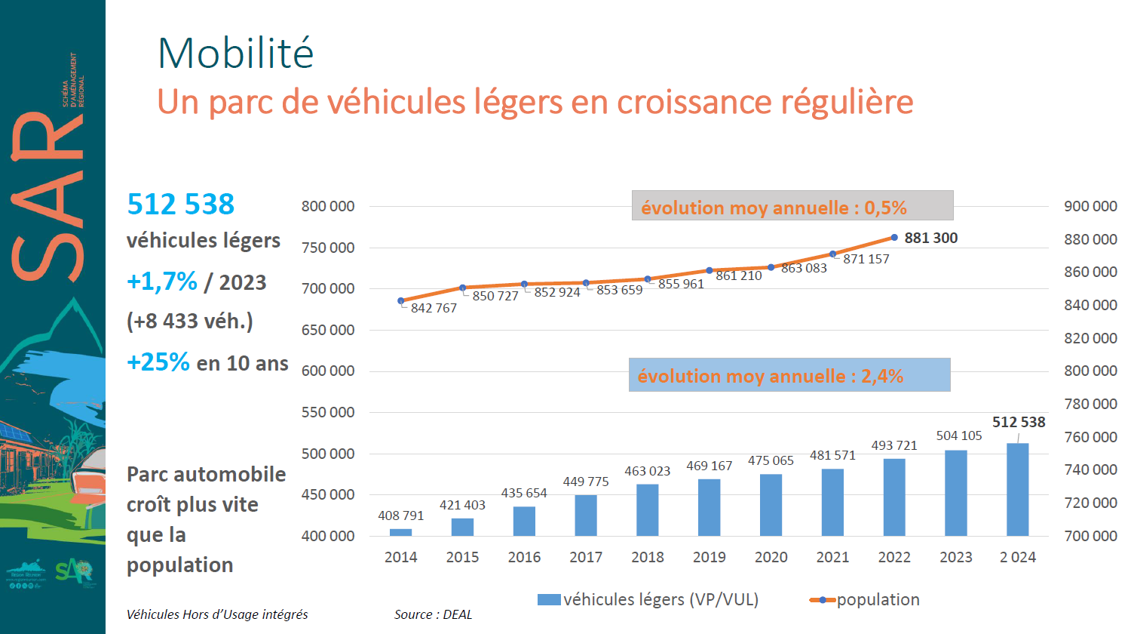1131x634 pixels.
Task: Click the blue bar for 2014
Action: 401,532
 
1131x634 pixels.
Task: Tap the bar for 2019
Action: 710,507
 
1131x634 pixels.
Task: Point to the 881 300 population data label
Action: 930,238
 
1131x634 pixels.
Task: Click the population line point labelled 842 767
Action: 401,300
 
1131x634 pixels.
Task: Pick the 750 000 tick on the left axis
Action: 328,248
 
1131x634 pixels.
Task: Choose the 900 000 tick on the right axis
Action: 1090,206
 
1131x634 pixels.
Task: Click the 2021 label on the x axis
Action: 832,557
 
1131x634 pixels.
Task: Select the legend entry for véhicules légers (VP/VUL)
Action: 648,599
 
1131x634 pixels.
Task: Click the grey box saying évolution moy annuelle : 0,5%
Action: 792,205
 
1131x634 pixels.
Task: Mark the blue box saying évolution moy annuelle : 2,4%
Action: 789,375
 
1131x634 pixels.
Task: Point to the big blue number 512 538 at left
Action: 181,204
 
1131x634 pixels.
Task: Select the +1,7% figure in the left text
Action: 162,282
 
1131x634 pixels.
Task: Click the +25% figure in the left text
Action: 158,362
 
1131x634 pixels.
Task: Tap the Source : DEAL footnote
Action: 433,614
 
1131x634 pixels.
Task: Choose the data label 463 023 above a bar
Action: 647,471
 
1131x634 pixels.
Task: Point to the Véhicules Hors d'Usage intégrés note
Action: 217,614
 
